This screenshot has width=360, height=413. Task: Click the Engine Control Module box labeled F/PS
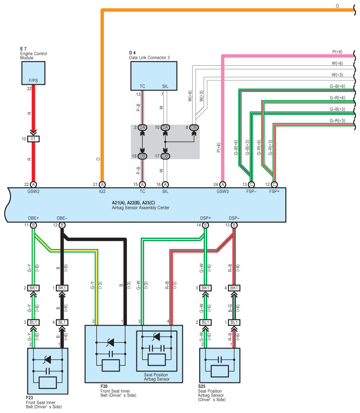click(x=33, y=73)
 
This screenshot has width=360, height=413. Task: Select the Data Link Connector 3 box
click(x=154, y=76)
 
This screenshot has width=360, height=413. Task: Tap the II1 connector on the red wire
click(x=34, y=139)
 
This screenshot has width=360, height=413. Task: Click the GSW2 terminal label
click(x=34, y=192)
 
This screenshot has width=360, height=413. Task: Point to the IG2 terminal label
click(x=102, y=192)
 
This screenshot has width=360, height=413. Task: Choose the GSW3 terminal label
click(x=223, y=192)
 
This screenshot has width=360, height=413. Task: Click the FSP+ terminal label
click(x=274, y=192)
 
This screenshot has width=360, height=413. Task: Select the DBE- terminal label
click(x=62, y=218)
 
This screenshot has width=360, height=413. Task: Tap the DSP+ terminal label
click(x=205, y=218)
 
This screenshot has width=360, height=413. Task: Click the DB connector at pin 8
click(x=194, y=128)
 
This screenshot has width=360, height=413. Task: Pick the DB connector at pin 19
click(x=143, y=156)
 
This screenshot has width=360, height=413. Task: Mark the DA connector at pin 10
click(x=165, y=128)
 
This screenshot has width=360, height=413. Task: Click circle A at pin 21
click(x=102, y=185)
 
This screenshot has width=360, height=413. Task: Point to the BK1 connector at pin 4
click(x=234, y=288)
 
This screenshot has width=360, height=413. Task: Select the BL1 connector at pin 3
click(x=34, y=322)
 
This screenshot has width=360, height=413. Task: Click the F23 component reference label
click(x=30, y=398)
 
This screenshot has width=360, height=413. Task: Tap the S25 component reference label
click(x=202, y=386)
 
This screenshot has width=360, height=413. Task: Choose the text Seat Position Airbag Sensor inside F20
click(x=157, y=377)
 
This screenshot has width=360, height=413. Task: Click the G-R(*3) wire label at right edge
click(x=337, y=121)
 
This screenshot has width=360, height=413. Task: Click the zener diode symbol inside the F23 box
click(x=47, y=360)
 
